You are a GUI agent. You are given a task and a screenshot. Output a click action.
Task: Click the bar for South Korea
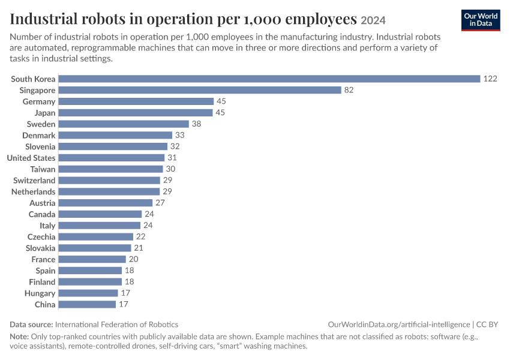pos(269,79)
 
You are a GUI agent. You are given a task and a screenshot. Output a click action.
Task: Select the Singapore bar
pos(200,90)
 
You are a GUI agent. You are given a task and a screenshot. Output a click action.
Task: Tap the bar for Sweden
pos(124,124)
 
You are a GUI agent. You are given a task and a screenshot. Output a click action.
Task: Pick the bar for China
pos(87,304)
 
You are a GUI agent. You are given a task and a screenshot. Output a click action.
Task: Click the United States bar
pos(112,158)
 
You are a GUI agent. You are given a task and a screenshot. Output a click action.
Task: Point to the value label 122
pos(490,79)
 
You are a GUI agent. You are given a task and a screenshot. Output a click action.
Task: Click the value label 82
pos(349,90)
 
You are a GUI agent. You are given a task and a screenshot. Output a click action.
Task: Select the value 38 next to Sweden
pos(196,124)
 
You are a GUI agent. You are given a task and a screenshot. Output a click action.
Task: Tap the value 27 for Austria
pos(160,203)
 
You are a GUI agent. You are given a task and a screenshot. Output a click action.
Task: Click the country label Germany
pos(39,102)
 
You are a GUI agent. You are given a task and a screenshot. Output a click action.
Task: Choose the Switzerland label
pos(34,181)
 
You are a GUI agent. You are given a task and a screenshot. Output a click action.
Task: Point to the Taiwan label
pos(43,169)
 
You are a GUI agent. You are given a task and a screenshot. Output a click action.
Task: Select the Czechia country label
pos(41,237)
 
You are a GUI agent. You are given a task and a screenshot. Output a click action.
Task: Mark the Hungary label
pos(40,293)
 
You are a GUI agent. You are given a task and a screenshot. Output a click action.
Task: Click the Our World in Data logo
pos(481,20)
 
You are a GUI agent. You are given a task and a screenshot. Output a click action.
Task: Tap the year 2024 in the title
pos(373,20)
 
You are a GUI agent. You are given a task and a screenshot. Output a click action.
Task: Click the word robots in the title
pos(103,19)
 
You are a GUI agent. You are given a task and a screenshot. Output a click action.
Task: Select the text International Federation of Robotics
pos(117,325)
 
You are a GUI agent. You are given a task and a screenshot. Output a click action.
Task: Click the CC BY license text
pos(487,325)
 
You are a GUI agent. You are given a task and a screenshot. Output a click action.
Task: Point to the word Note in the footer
pos(19,336)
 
